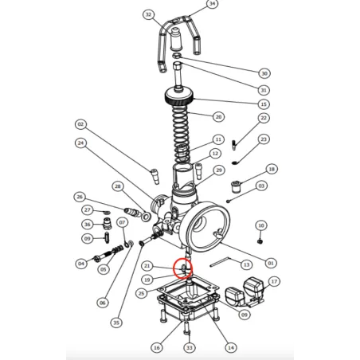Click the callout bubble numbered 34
212,4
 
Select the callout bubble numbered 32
148,14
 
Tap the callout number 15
264,104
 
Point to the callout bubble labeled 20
218,116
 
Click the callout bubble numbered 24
80,143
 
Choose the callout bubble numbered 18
272,170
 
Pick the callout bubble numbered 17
273,281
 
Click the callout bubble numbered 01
271,263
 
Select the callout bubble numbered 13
246,264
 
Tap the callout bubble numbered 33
189,347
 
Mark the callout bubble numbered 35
116,323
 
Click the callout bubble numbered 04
80,264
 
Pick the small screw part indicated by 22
234,144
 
